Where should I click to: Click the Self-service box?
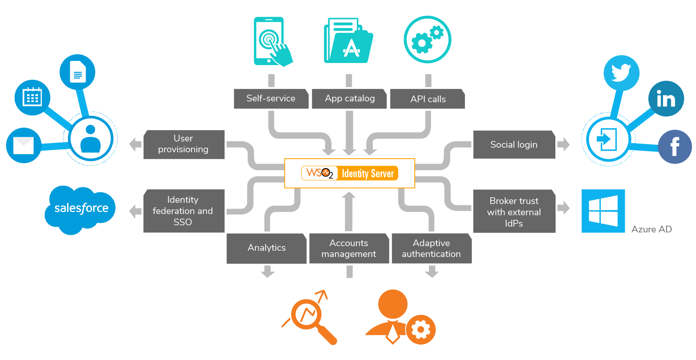[x=271, y=98]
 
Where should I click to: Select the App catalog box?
[x=349, y=98]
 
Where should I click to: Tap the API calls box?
[x=427, y=99]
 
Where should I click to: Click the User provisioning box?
[x=184, y=144]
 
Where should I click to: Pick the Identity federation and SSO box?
[x=184, y=211]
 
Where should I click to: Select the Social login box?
[x=514, y=144]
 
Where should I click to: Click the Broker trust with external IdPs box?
[x=514, y=211]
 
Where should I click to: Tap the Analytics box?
[x=266, y=248]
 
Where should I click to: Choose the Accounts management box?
[x=349, y=248]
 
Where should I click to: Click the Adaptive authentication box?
[x=431, y=248]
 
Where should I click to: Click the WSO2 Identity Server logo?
[x=350, y=173]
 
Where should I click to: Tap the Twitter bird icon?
[x=621, y=73]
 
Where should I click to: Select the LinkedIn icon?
[x=666, y=99]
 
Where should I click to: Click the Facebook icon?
[x=674, y=146]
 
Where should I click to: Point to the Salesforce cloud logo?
[x=81, y=209]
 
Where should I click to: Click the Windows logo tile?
[x=603, y=211]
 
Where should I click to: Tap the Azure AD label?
[x=651, y=229]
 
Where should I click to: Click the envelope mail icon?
[x=24, y=146]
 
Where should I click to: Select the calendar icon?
[x=33, y=98]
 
